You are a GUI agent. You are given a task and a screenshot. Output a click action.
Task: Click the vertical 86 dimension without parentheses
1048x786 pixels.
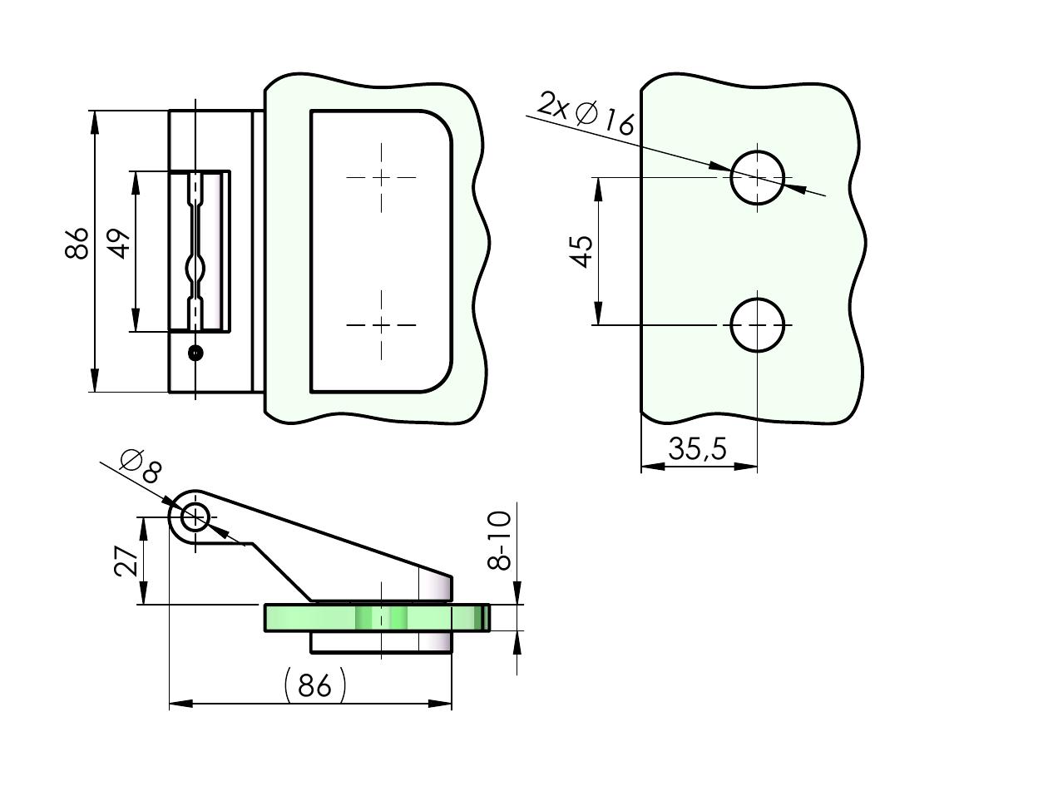tap(77, 243)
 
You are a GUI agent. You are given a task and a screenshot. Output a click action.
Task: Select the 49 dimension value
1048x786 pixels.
tap(121, 243)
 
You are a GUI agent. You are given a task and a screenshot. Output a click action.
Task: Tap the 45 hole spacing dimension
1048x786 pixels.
tap(582, 251)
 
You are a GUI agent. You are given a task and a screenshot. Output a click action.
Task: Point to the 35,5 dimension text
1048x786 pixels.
tap(697, 449)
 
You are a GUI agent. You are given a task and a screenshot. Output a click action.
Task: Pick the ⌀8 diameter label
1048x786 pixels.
tap(140, 466)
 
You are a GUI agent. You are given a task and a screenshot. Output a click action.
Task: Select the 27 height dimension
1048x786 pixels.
tap(126, 561)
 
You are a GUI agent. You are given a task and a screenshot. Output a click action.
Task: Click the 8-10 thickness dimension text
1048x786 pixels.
tap(499, 541)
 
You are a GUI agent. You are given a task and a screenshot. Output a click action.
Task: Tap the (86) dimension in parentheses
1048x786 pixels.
tap(314, 686)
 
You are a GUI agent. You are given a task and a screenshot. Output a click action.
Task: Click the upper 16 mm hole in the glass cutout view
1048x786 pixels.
tap(757, 177)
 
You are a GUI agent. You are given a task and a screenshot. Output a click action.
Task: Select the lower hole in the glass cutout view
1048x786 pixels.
tap(757, 324)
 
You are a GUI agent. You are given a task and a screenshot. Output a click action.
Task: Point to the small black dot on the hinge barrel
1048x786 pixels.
tap(195, 353)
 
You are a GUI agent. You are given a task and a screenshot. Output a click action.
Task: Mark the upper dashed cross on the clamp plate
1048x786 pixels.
tap(382, 177)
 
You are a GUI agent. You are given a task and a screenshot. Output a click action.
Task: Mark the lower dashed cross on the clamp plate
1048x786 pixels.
tap(382, 324)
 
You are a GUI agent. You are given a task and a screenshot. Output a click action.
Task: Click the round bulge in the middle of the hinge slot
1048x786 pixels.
tap(195, 269)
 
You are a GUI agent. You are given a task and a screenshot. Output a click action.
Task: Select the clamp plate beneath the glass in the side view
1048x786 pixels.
tap(381, 642)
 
